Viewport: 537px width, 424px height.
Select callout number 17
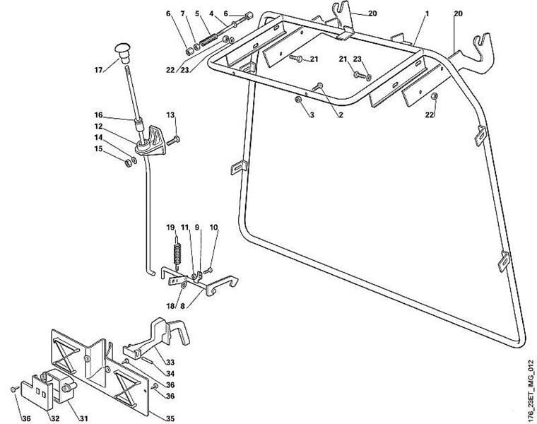coord(99,69)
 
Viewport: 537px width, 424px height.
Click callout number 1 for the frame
coord(427,13)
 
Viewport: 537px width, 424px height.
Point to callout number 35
coord(170,418)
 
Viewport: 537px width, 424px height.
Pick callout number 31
coord(83,418)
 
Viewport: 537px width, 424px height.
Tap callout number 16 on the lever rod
coord(99,114)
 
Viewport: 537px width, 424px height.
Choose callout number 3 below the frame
coord(310,114)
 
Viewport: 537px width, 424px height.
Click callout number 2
coord(340,114)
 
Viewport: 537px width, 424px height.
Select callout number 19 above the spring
coord(170,227)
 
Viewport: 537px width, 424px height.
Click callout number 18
coord(170,306)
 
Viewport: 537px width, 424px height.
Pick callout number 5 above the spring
coord(198,13)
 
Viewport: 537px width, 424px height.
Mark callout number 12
coord(99,126)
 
